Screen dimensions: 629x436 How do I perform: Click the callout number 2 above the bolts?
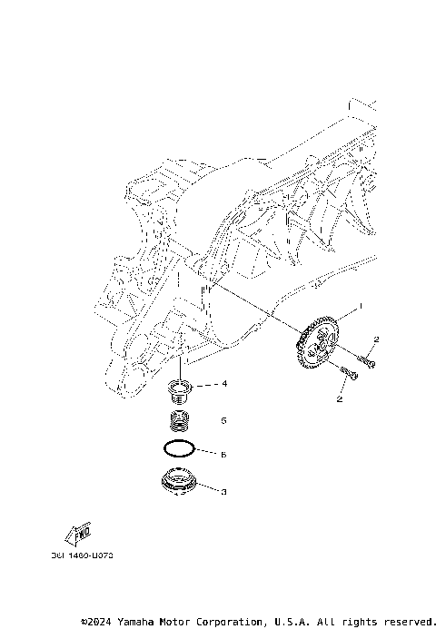tap(375, 339)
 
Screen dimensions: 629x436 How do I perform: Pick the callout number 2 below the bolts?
tap(340, 398)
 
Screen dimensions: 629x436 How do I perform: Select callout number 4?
tap(223, 384)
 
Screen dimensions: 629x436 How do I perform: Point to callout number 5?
tap(223, 421)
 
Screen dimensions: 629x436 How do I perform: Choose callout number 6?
tap(223, 453)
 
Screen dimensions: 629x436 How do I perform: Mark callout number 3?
tap(223, 490)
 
